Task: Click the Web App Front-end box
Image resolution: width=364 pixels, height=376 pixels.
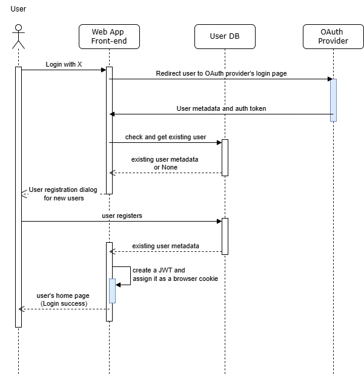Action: [109, 36]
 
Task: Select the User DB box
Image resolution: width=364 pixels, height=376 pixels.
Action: [224, 36]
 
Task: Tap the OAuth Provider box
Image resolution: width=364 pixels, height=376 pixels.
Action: [333, 36]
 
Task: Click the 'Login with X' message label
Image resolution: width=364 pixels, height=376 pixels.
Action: [63, 64]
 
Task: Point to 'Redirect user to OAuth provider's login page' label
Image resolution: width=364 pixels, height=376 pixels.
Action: [222, 73]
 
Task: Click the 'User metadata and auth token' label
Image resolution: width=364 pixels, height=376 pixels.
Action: [221, 109]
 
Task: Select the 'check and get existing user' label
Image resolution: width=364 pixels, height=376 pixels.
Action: [166, 137]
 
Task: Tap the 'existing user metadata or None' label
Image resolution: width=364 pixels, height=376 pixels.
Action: [166, 163]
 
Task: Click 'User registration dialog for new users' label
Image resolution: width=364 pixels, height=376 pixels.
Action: [62, 194]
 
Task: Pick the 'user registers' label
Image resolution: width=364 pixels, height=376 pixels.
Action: [122, 216]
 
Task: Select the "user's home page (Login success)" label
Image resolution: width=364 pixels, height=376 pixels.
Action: [63, 300]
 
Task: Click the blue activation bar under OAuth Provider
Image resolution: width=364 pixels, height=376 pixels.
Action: [333, 102]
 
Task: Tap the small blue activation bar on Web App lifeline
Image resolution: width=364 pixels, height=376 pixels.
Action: [113, 291]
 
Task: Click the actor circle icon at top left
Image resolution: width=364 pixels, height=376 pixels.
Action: [19, 28]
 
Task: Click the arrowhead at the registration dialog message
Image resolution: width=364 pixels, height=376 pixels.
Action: [25, 193]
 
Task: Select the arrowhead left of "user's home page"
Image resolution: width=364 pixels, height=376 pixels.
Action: [22, 309]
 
